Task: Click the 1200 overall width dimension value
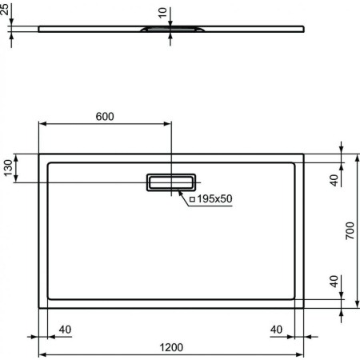point(171,347)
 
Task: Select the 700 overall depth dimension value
point(350,232)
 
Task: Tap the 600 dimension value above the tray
point(105,116)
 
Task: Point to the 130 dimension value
point(9,169)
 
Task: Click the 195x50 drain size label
point(214,198)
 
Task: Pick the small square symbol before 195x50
point(192,198)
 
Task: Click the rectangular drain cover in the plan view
point(170,182)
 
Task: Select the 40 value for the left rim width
point(65,330)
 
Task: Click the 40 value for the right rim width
point(277,330)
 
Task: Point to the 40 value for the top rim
point(334,180)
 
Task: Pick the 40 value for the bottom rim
point(334,282)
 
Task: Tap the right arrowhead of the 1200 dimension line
point(301,354)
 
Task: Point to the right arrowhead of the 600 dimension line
point(167,125)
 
